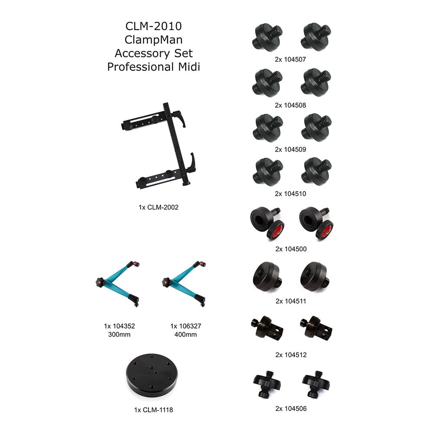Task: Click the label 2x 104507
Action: tap(291, 59)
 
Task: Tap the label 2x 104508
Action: tap(291, 105)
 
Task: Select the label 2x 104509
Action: tap(291, 149)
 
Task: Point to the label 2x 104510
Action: tap(291, 194)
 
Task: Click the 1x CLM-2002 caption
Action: tap(158, 207)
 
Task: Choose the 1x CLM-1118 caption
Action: tap(154, 409)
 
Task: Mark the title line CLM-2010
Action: tap(153, 26)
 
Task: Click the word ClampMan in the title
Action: tap(153, 39)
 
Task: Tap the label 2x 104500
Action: tap(291, 249)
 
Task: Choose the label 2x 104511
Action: tap(291, 300)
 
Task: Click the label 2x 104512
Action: tap(291, 355)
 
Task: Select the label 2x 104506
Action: tap(291, 408)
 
